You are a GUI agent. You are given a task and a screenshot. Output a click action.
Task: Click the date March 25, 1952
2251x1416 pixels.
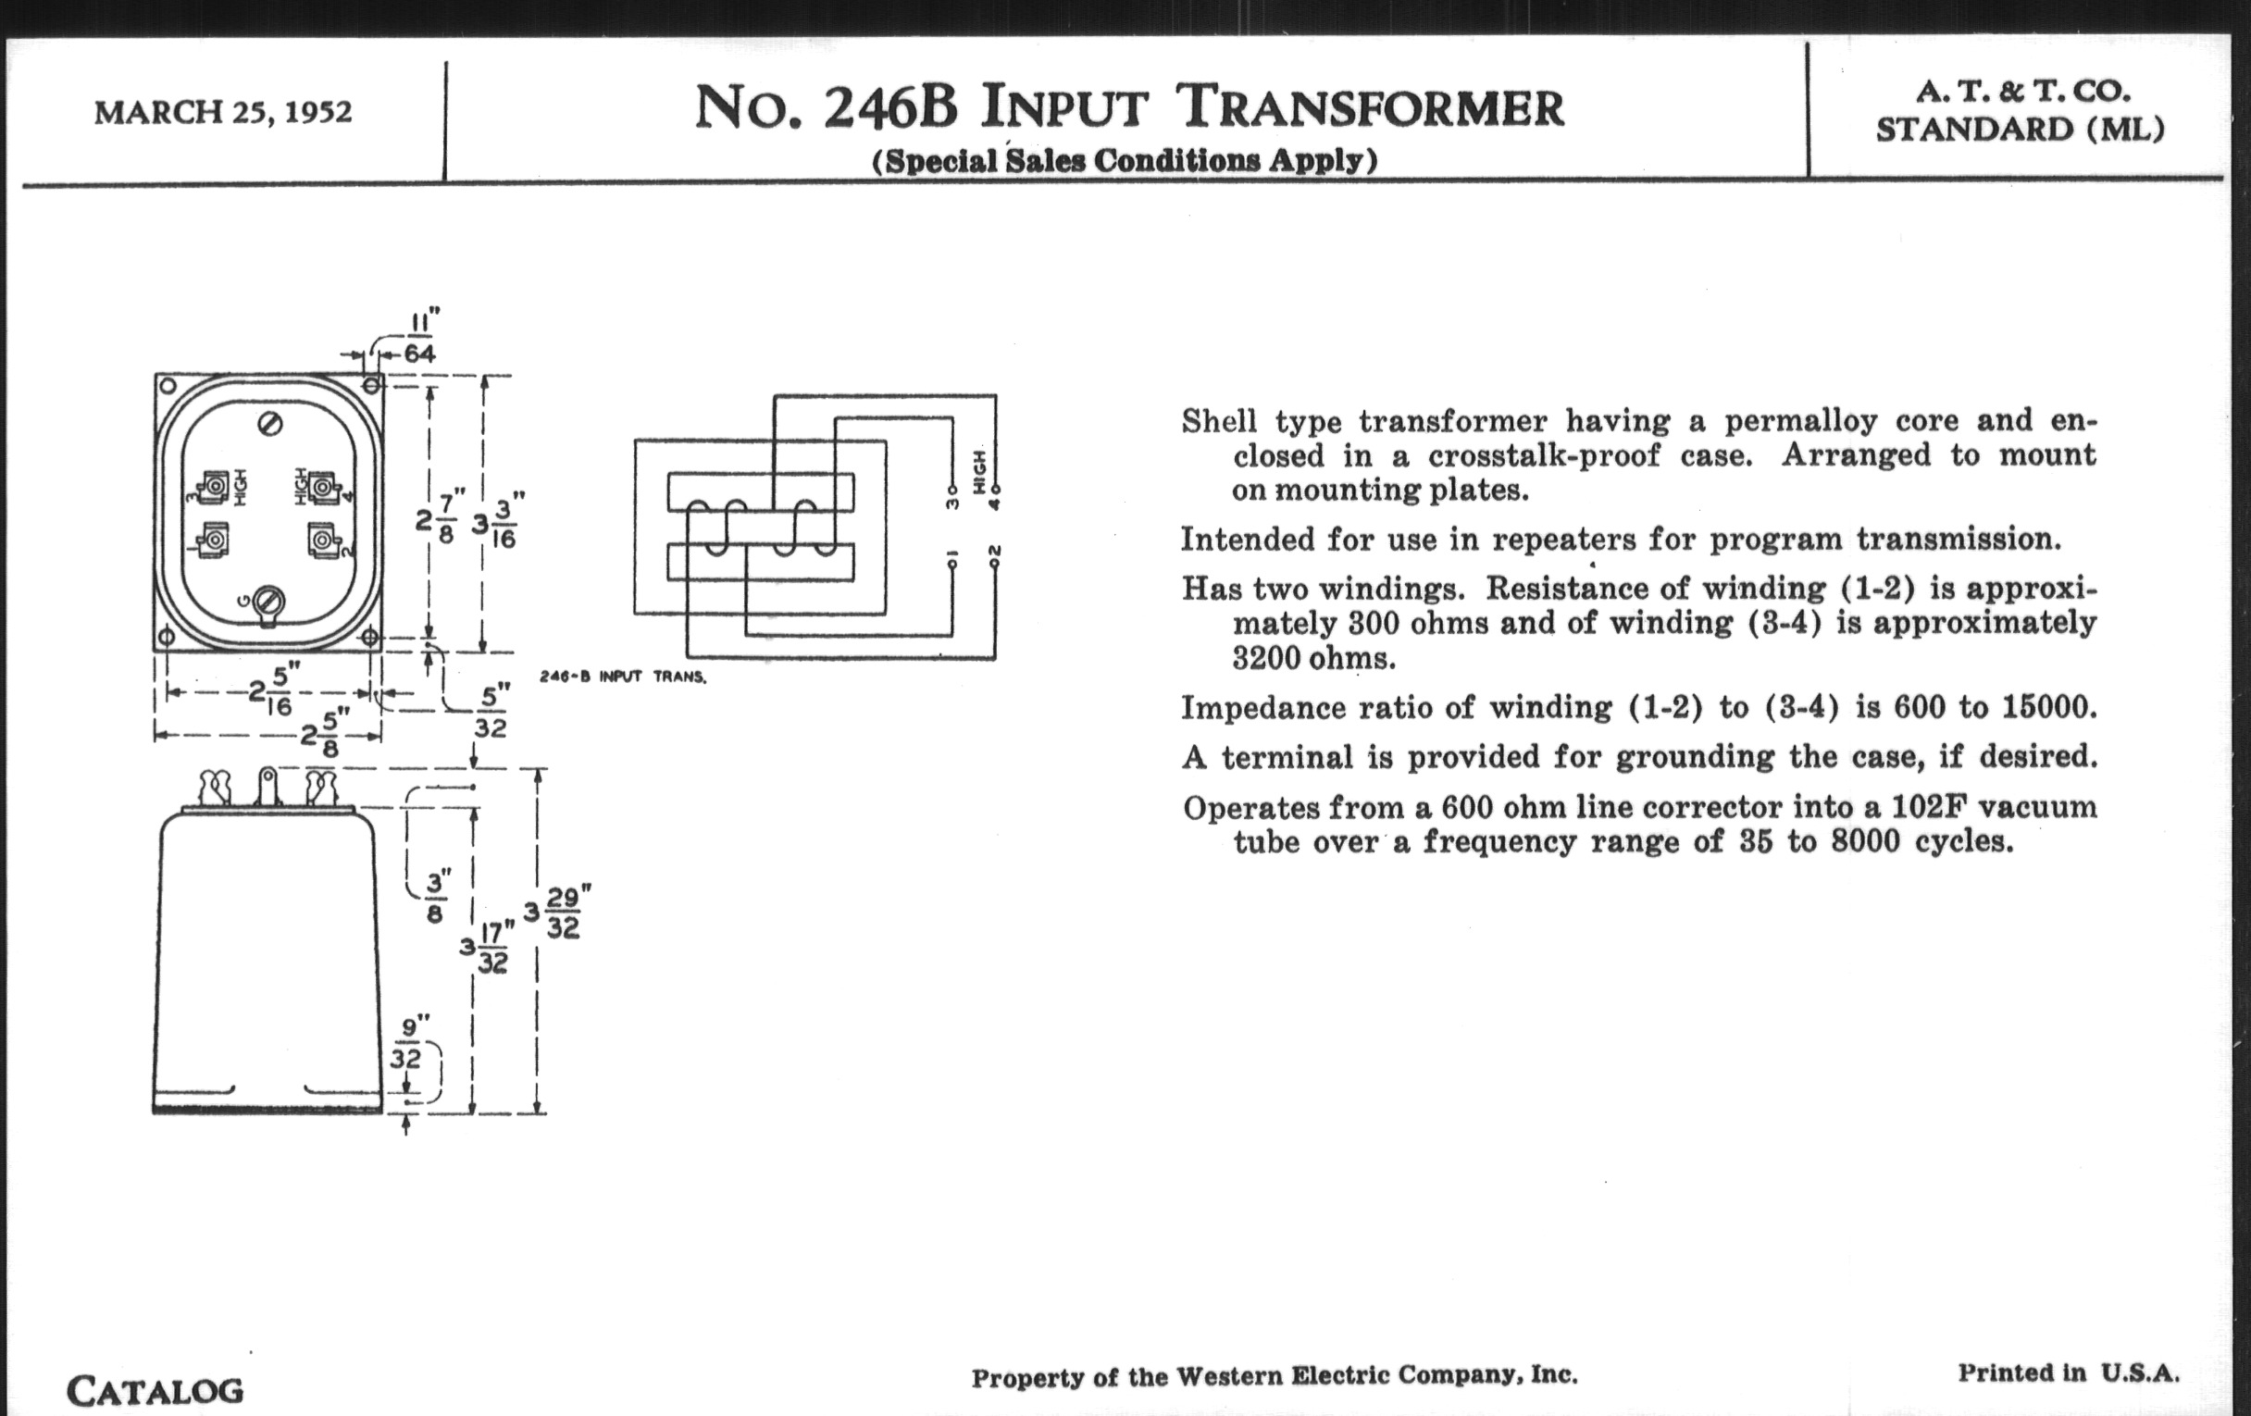pyautogui.click(x=222, y=113)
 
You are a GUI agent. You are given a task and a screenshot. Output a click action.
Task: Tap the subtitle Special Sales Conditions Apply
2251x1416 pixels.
pyautogui.click(x=1125, y=161)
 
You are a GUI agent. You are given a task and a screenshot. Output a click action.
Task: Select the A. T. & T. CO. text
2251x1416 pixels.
pyautogui.click(x=2022, y=93)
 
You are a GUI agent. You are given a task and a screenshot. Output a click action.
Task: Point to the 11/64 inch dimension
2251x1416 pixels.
pyautogui.click(x=419, y=338)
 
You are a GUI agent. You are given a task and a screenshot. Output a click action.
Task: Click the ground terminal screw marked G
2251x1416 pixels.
pyautogui.click(x=269, y=599)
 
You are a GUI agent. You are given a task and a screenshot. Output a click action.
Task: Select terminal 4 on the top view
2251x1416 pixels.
pyautogui.click(x=322, y=487)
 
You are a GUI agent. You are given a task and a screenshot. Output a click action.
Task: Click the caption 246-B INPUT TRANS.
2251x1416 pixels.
pyautogui.click(x=623, y=677)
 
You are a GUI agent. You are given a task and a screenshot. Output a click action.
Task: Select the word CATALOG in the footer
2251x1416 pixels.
pyautogui.click(x=155, y=1391)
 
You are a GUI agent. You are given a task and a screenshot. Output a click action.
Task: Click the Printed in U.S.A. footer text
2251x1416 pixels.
pyautogui.click(x=2069, y=1373)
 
